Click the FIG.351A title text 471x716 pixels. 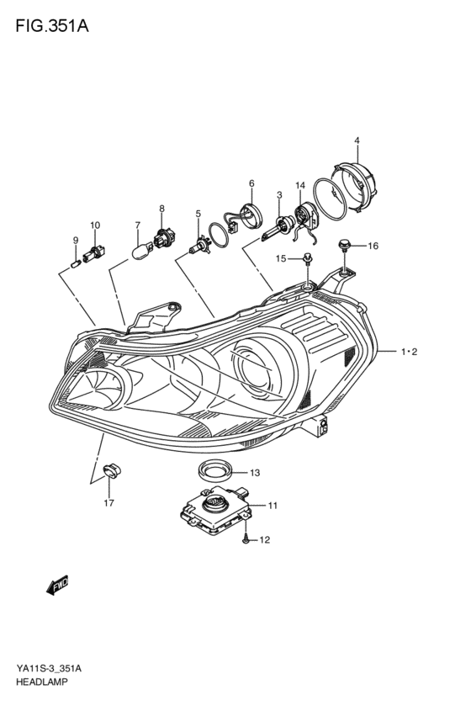52,26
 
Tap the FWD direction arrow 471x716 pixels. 57,585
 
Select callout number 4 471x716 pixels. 357,141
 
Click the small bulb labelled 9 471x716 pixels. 77,263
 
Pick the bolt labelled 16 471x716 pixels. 343,245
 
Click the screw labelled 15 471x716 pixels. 308,259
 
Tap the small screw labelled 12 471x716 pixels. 246,540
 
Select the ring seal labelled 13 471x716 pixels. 216,471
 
